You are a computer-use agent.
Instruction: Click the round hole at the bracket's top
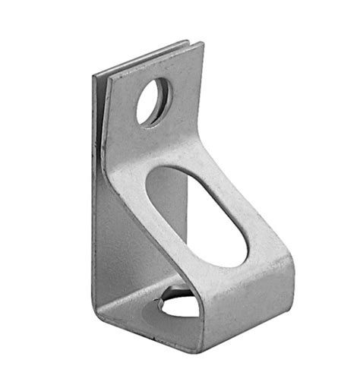tap(153, 101)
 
